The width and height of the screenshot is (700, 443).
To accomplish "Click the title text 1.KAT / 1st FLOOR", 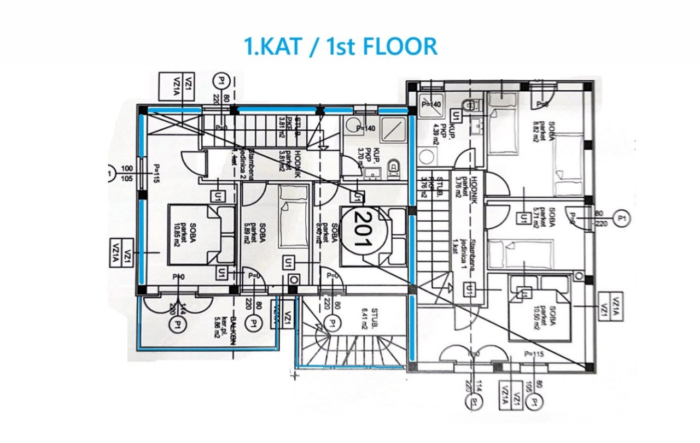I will point(341,46).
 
